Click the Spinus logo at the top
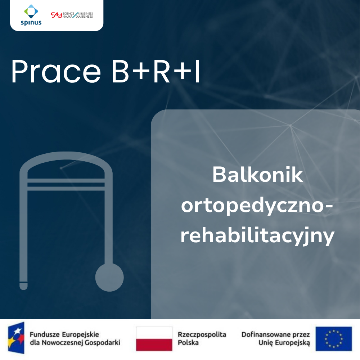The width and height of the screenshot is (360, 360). tap(31, 15)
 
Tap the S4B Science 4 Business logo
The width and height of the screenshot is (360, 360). tap(72, 15)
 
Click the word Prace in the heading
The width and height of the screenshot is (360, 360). tap(56, 71)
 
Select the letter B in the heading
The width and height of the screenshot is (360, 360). tap(120, 71)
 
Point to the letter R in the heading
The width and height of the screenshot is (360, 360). tap(162, 71)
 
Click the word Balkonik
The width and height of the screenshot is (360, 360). tap(257, 175)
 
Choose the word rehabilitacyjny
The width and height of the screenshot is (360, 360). tap(257, 236)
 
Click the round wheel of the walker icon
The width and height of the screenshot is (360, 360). tap(109, 277)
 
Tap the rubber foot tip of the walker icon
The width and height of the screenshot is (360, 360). tap(23, 286)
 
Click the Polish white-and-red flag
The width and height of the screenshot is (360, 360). tap(154, 339)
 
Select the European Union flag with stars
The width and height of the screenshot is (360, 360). tap(334, 339)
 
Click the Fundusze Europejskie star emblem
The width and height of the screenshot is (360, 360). tap(16, 338)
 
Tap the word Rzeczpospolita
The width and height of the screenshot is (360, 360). tap(202, 334)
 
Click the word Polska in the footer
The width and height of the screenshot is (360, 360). tap(188, 343)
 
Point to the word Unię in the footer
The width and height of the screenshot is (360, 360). tap(266, 343)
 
